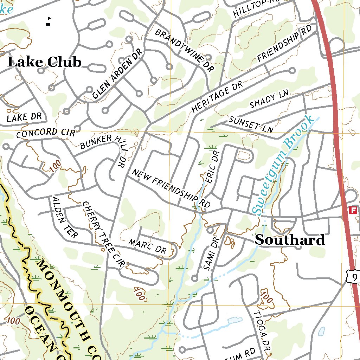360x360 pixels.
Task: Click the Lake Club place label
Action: coord(44,62)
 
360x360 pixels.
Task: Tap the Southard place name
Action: coord(290,240)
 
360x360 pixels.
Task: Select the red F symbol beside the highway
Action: coord(353,211)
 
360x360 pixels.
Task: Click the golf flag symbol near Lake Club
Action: coord(48,21)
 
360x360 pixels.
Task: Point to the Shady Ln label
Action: coord(269,99)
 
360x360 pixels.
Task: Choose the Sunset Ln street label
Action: coord(251,124)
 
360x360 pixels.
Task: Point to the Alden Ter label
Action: coord(65,217)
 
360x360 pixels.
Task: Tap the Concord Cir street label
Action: coord(46,133)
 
